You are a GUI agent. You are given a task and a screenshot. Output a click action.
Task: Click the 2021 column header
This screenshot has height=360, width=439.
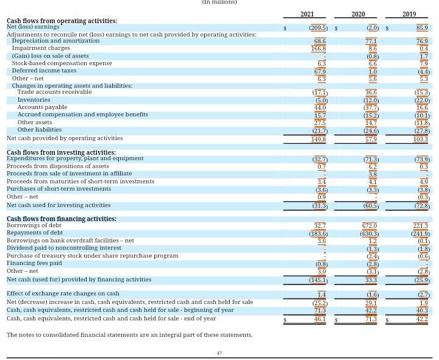click(x=307, y=14)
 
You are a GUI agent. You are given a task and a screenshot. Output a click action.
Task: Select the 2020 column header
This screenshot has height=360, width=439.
click(x=358, y=14)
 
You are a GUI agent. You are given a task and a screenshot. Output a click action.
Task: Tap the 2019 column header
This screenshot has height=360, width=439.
click(x=409, y=14)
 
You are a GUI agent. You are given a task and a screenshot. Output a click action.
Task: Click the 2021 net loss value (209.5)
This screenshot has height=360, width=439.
click(x=318, y=28)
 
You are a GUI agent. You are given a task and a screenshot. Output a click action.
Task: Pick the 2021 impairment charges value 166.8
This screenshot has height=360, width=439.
click(x=318, y=48)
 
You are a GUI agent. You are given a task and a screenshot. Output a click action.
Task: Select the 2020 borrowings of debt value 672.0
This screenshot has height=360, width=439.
click(x=369, y=226)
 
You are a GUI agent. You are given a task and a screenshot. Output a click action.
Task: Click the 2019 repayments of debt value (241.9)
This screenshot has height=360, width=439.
click(x=420, y=233)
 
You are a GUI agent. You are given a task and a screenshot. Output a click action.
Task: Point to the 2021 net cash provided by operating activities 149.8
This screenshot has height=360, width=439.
click(x=318, y=139)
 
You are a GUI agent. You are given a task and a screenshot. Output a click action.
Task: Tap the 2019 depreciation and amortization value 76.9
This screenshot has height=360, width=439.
click(x=421, y=41)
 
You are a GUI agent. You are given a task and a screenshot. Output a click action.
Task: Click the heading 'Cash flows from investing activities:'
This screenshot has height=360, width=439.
click(x=61, y=152)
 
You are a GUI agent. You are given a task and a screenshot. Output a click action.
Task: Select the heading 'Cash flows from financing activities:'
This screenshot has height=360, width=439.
click(x=61, y=219)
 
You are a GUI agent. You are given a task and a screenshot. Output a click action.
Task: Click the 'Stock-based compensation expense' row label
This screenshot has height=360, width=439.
click(x=62, y=63)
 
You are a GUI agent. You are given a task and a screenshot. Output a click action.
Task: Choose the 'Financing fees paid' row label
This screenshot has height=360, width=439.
click(x=34, y=263)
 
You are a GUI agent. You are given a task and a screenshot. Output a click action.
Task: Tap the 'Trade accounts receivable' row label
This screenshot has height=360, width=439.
click(x=54, y=92)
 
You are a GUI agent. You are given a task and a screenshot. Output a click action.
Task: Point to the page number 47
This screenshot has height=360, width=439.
click(x=220, y=353)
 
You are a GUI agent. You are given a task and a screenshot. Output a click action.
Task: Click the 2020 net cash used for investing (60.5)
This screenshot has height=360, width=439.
click(x=370, y=206)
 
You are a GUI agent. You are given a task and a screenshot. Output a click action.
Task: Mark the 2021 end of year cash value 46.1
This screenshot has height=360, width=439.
click(x=319, y=319)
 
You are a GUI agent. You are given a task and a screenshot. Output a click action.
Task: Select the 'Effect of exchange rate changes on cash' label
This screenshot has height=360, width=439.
click(x=63, y=294)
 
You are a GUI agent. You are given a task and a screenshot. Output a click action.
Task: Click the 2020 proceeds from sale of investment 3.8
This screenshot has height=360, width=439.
click(x=373, y=174)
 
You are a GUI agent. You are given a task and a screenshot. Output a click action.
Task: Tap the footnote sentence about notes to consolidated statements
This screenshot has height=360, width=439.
click(x=129, y=335)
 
